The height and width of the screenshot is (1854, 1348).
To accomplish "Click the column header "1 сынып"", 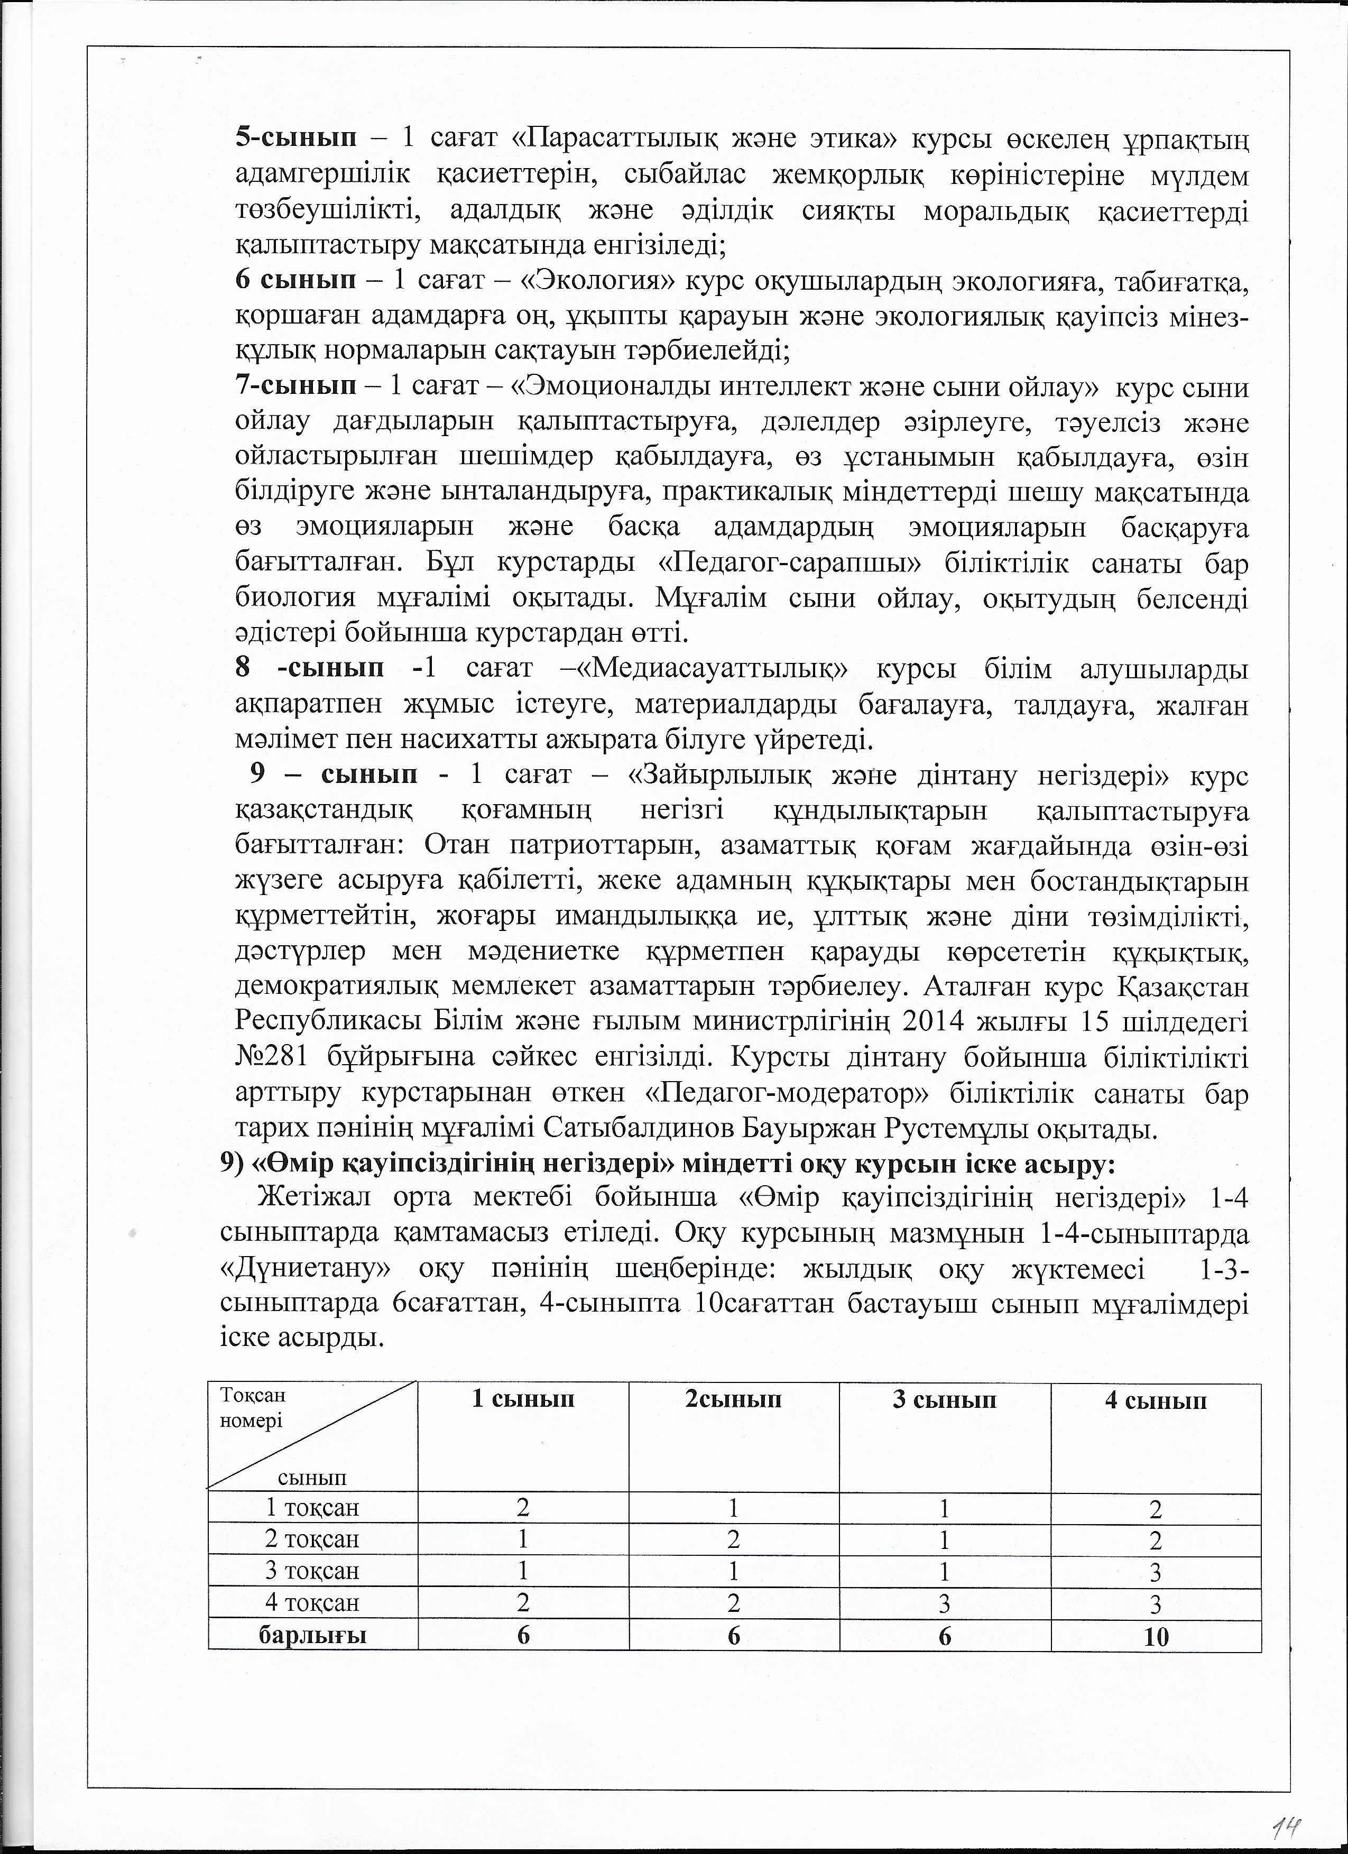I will point(523,1399).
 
